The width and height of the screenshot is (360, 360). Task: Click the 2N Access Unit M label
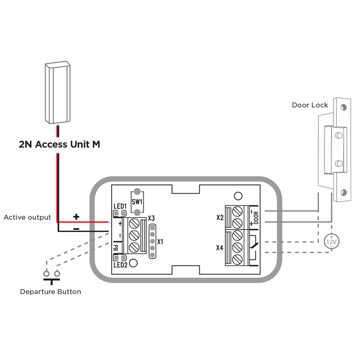click(x=59, y=145)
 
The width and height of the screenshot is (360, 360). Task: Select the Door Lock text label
click(x=310, y=105)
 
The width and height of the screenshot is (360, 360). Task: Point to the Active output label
click(x=27, y=218)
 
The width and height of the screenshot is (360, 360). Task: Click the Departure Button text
click(x=50, y=291)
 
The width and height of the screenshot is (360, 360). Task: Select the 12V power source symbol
click(x=331, y=241)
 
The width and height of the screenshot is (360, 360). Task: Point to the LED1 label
click(x=120, y=206)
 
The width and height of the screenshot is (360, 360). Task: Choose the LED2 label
click(x=121, y=265)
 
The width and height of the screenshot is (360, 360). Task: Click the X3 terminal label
click(x=151, y=218)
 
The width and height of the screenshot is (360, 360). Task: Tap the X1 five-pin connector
click(x=152, y=241)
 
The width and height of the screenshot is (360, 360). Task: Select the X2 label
click(x=220, y=218)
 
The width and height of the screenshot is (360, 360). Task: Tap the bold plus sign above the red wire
click(x=76, y=216)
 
